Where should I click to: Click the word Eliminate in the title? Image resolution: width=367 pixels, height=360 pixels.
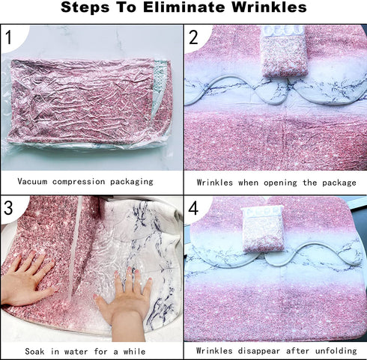pos(184,7)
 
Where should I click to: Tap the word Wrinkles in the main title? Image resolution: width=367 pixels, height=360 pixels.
pos(269,7)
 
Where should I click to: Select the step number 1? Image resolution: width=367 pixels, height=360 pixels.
pos(8,37)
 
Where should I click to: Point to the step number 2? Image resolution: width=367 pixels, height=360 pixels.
pos(193,37)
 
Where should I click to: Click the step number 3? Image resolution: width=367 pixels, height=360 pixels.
pos(8,208)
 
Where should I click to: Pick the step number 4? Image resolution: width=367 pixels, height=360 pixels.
pos(193,208)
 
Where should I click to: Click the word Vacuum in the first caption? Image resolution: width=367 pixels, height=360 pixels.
pos(32,181)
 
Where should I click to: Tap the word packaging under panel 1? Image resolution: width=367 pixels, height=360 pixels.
pos(132,182)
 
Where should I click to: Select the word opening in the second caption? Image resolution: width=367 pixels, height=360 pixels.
pos(280,183)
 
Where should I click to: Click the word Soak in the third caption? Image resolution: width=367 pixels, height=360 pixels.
pos(34,352)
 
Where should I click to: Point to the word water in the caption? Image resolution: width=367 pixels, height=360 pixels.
pos(76,352)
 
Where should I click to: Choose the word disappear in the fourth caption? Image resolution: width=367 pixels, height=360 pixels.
pos(258,351)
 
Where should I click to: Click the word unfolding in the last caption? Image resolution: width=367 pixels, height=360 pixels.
pos(336,351)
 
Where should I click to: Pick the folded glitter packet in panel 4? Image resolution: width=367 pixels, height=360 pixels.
pos(264,229)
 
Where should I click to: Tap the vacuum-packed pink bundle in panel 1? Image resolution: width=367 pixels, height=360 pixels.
pos(89,103)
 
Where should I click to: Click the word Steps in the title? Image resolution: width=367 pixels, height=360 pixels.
pos(85,7)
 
